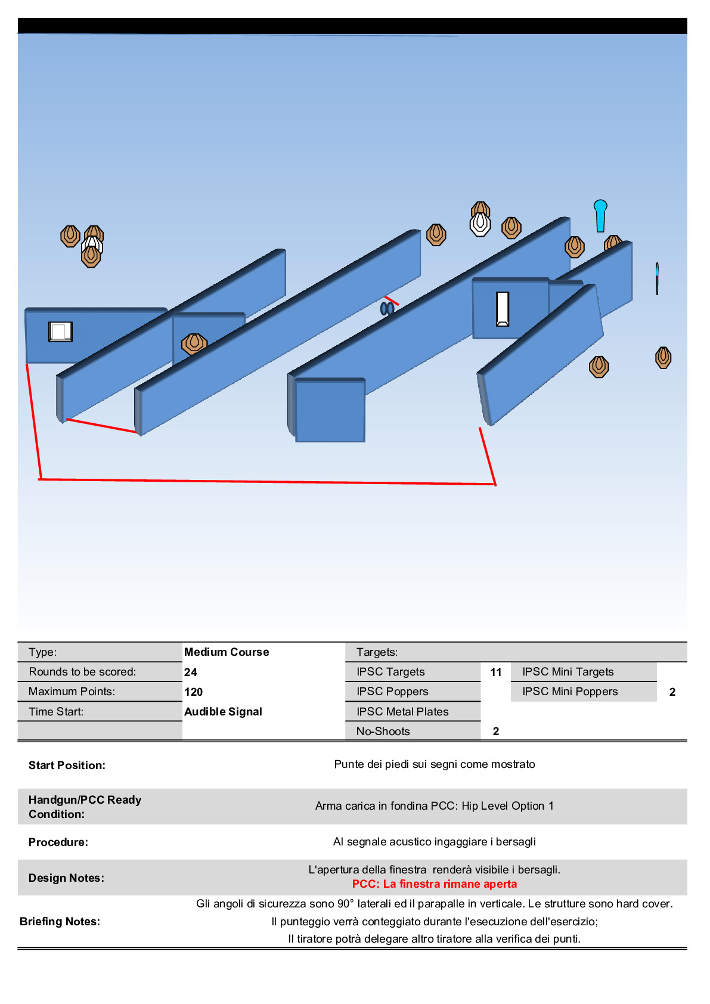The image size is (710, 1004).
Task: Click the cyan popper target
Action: [x=600, y=215]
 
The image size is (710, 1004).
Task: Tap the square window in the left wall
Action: [x=60, y=331]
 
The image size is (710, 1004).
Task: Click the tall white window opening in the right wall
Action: [x=503, y=309]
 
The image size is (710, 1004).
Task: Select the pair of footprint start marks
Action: [x=387, y=308]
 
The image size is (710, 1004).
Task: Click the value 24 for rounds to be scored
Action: [x=191, y=672]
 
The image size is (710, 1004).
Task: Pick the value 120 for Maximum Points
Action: [x=194, y=692]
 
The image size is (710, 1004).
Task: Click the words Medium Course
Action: [x=227, y=652]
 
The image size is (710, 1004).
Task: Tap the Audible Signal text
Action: [x=223, y=711]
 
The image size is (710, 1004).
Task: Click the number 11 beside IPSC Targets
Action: [x=496, y=672]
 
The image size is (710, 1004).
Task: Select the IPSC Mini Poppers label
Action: [x=570, y=692]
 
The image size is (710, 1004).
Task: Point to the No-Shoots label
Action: [x=383, y=731]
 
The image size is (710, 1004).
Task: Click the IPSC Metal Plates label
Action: [x=402, y=711]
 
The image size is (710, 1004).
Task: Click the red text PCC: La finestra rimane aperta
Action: [x=435, y=884]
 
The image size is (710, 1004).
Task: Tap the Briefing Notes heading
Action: [x=60, y=921]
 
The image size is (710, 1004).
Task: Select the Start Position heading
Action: [x=67, y=765]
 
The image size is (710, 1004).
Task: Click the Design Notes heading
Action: [x=66, y=878]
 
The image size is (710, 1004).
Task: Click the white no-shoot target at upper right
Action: [x=480, y=224]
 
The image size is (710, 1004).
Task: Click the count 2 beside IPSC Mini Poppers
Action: [x=672, y=692]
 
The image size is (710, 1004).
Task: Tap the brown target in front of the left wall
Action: [x=194, y=344]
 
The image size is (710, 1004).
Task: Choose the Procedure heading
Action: [x=58, y=842]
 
